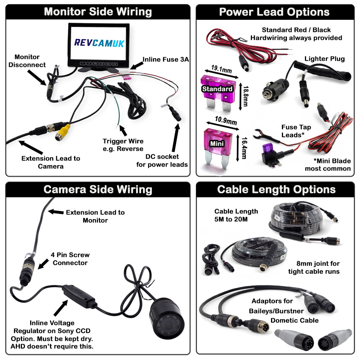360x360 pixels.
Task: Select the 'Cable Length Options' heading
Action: pos(276,189)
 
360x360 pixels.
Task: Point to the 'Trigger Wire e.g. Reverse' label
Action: pos(123,145)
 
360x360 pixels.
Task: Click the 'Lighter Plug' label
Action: pos(324,59)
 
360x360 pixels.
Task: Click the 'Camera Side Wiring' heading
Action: pos(98,189)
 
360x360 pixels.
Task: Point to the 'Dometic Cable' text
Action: pos(294,320)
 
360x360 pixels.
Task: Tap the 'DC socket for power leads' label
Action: pos(162,161)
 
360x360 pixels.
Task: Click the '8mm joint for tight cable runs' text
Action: pos(314,267)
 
